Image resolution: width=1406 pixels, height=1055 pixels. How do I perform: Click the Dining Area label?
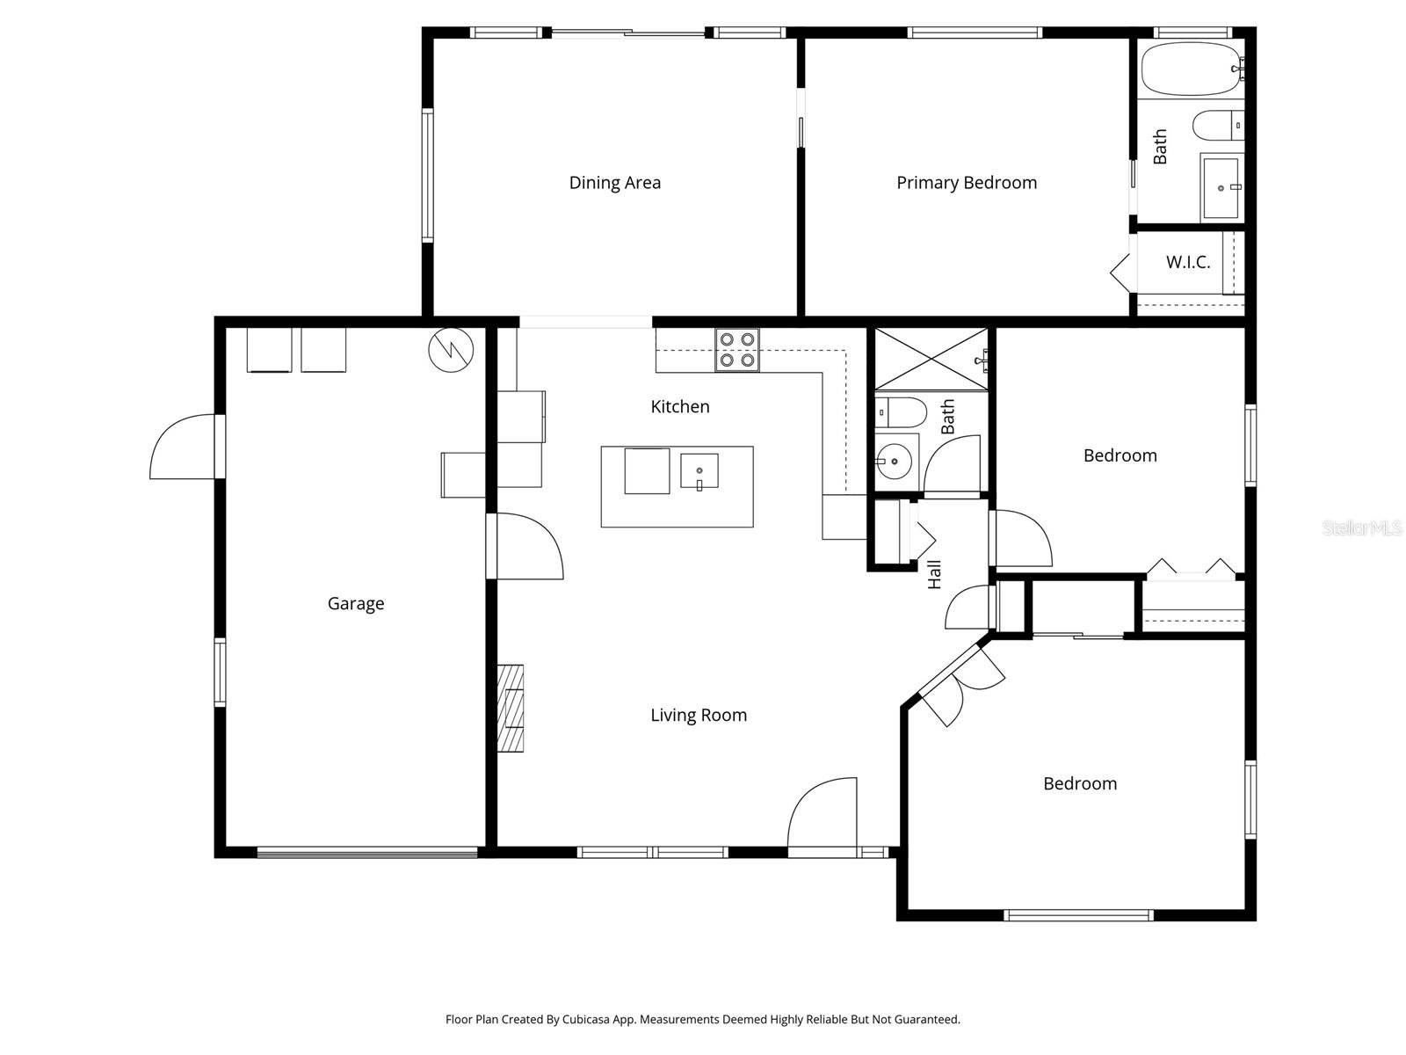(614, 183)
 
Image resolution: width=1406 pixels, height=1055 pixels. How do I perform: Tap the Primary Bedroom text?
(966, 183)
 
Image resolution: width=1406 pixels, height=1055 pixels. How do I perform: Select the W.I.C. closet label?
(1187, 262)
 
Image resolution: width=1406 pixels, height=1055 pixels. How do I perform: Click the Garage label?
(355, 603)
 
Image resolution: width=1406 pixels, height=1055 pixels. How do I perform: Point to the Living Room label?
(698, 715)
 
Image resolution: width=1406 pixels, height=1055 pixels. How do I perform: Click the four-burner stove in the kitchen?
(736, 349)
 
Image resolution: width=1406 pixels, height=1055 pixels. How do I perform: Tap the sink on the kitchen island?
(699, 471)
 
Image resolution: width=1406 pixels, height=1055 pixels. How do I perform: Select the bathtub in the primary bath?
(1190, 69)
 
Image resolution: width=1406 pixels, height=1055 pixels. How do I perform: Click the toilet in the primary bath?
(1218, 125)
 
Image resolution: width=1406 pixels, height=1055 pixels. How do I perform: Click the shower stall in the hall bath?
(931, 359)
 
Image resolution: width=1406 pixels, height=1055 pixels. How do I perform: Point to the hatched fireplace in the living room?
(511, 708)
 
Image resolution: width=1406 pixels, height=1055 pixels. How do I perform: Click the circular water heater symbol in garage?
(451, 350)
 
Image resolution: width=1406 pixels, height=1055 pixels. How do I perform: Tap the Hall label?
(934, 574)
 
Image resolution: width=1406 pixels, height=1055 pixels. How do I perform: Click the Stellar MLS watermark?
(1361, 528)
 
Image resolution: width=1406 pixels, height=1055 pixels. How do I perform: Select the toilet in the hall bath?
(901, 411)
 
